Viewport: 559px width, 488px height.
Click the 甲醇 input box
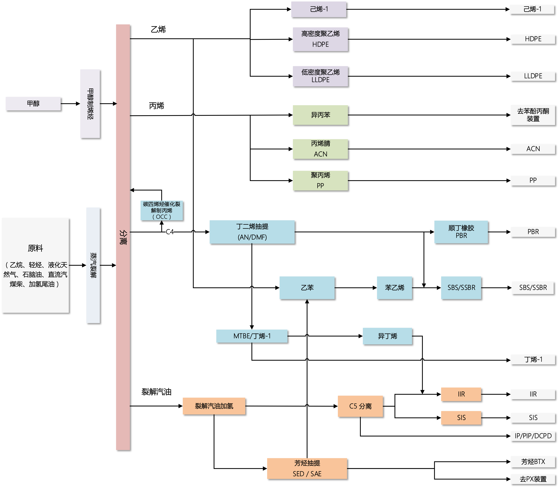33,104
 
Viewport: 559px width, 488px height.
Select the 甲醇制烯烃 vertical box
90,104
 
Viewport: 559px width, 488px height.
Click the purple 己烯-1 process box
319,9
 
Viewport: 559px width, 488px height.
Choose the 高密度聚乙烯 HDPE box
320,39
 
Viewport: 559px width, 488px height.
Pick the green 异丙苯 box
320,115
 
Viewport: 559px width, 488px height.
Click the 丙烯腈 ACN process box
320,149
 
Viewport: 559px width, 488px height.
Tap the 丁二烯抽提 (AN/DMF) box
252,232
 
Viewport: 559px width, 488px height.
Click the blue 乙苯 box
307,288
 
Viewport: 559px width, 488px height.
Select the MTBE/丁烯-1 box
252,336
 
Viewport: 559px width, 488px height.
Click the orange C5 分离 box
360,406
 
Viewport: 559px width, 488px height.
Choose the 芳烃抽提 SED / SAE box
307,468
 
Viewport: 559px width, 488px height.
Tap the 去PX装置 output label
533,479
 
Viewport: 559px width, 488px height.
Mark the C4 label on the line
170,232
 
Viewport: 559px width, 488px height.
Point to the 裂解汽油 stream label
156,392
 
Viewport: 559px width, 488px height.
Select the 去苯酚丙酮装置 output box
533,115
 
